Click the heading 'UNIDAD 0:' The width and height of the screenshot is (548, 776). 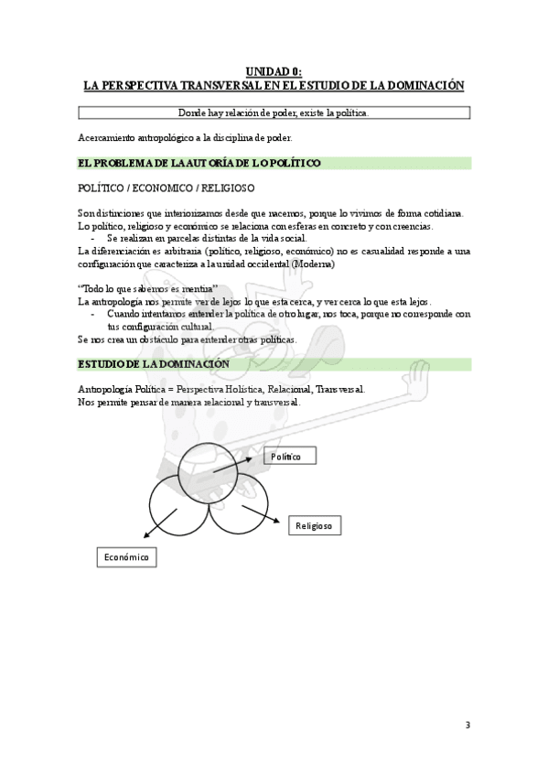point(274,70)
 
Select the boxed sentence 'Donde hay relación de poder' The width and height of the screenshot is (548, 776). point(274,113)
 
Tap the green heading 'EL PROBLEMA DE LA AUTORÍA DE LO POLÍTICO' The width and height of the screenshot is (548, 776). point(199,163)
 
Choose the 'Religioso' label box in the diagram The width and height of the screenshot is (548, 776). point(314,526)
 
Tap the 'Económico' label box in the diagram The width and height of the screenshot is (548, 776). point(126,556)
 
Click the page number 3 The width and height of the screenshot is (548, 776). point(467,726)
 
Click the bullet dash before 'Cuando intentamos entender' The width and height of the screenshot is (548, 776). point(95,314)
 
